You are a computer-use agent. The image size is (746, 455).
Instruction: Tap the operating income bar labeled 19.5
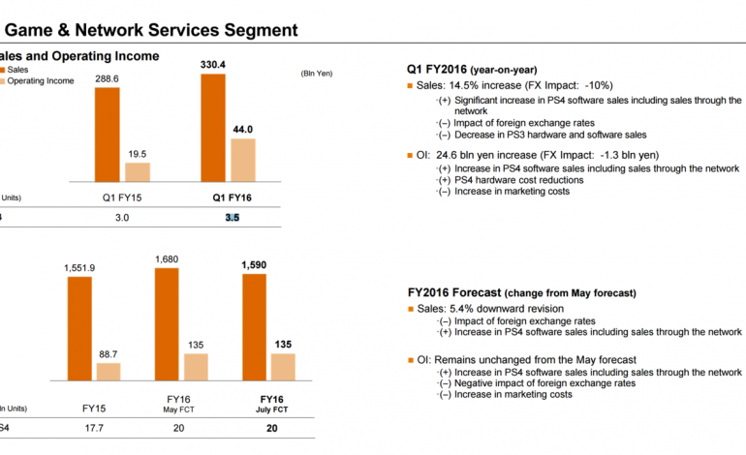(138, 172)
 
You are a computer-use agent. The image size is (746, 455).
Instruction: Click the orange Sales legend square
(4, 70)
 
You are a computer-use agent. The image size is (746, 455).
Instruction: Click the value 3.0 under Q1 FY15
(123, 219)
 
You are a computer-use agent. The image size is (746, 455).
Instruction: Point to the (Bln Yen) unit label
(316, 73)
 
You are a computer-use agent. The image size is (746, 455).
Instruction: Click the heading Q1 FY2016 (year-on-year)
(470, 70)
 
